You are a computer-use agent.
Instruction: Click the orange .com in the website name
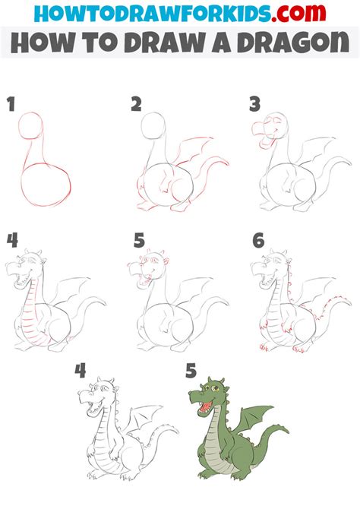301,13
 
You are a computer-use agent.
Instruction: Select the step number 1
11,105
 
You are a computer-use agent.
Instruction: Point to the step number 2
137,105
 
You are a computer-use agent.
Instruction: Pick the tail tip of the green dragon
285,431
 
